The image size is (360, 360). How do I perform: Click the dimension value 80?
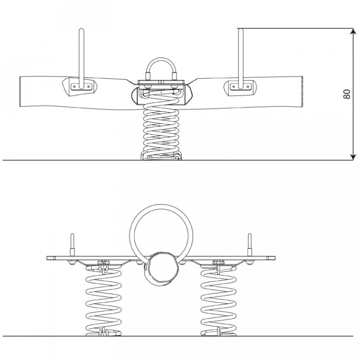tap(347, 94)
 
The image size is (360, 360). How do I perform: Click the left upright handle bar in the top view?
tap(81, 58)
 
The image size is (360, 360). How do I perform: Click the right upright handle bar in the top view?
tap(240, 58)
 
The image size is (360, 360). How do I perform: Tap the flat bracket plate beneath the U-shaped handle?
tap(161, 82)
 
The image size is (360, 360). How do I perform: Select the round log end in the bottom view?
tap(161, 269)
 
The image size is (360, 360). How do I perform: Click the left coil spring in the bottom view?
tap(103, 301)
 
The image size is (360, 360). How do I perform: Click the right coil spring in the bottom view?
tap(218, 301)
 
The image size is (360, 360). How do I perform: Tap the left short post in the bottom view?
tap(72, 245)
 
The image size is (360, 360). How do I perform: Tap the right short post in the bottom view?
tap(249, 245)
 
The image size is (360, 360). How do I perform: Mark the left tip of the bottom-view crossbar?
tap(47, 258)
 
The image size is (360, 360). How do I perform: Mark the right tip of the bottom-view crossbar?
tap(275, 258)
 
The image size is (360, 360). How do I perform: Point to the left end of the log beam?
tap(20, 91)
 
